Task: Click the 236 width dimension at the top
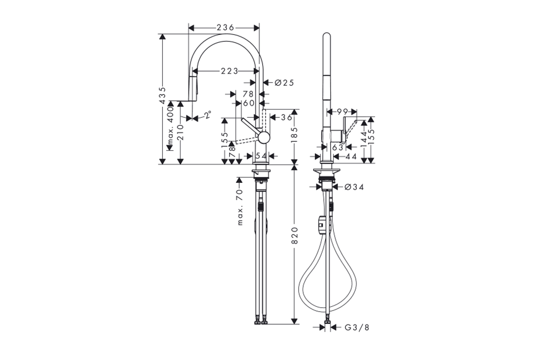pyautogui.click(x=225, y=27)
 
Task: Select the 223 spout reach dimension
pyautogui.click(x=229, y=71)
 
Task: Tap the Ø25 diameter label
pyautogui.click(x=284, y=83)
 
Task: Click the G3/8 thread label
pyautogui.click(x=357, y=327)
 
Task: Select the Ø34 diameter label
pyautogui.click(x=354, y=187)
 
